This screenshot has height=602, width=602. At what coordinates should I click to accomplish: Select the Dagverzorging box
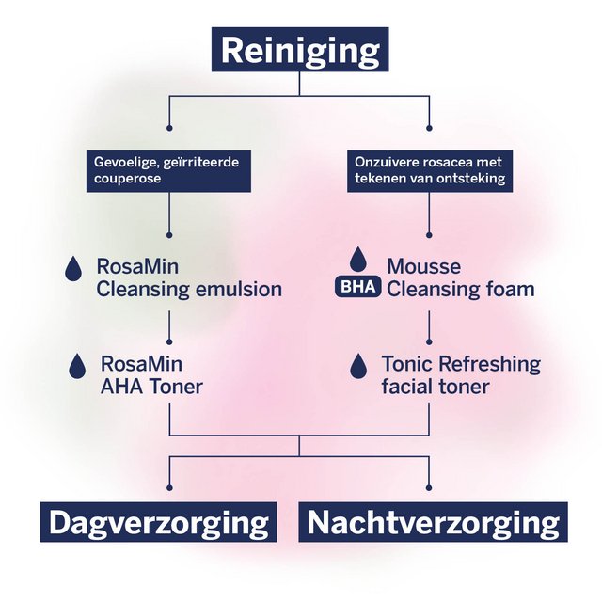[x=158, y=522]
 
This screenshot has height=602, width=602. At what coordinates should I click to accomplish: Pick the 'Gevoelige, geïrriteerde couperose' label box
[x=166, y=170]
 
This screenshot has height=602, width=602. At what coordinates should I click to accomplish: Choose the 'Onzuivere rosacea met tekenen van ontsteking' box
[x=430, y=170]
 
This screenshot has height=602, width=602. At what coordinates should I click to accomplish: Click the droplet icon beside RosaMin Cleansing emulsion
[x=73, y=269]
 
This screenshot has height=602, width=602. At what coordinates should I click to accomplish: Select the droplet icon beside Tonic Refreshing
[x=357, y=365]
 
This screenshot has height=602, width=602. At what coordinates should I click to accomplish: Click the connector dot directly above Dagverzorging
[x=169, y=487]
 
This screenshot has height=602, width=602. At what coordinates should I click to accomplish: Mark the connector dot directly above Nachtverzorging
[x=430, y=487]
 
